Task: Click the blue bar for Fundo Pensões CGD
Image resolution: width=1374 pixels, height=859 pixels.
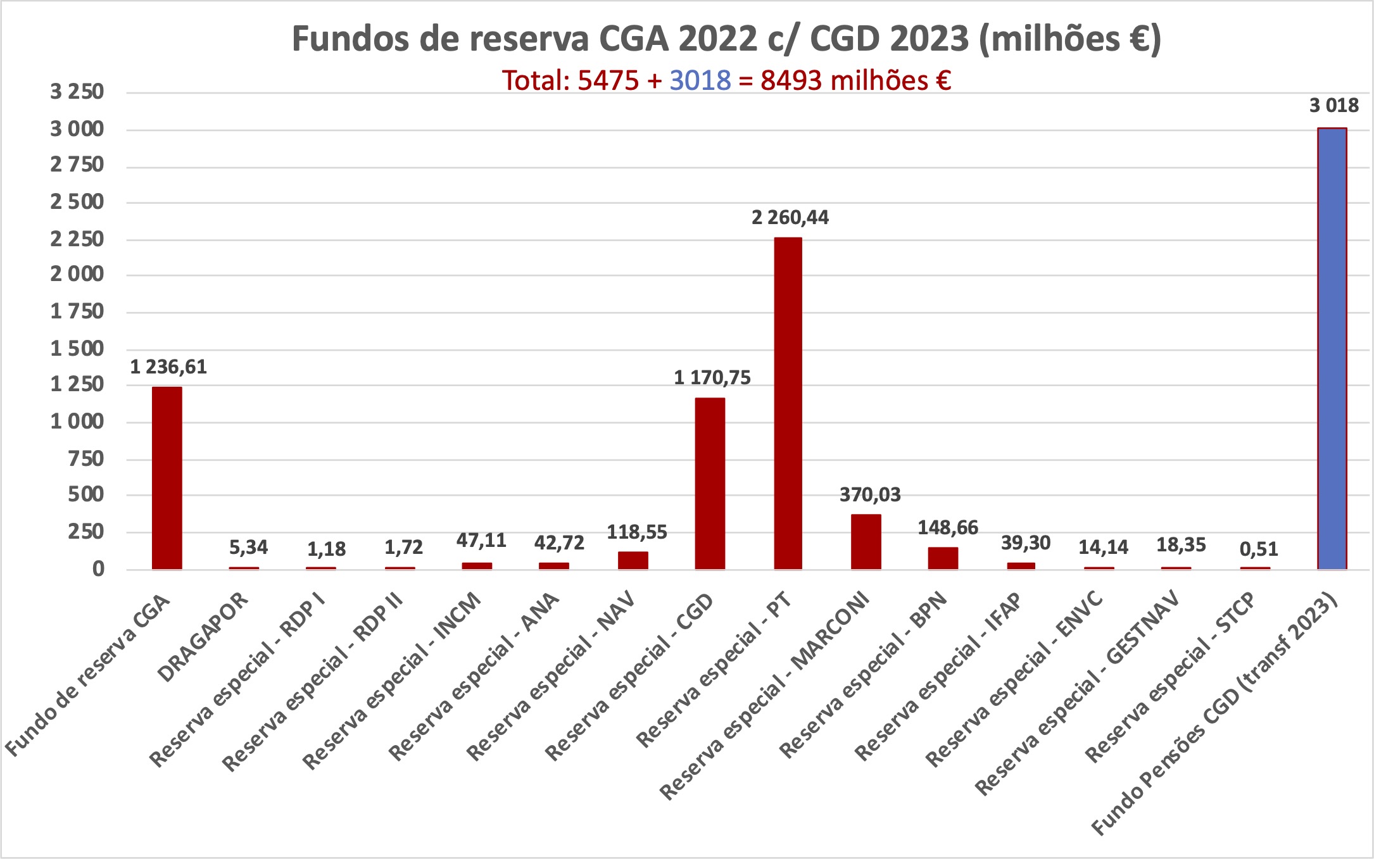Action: click(x=1332, y=348)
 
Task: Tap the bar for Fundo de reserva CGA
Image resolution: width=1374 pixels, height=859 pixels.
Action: click(x=167, y=478)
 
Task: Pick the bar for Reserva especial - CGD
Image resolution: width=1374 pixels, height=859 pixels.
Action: click(x=710, y=484)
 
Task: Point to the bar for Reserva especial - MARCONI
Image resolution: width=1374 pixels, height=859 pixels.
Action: click(x=866, y=542)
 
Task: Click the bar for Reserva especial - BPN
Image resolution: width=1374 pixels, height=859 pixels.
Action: click(x=943, y=558)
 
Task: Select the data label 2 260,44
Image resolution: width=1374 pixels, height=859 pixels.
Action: click(x=790, y=218)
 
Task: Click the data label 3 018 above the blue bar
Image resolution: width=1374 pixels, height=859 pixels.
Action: click(x=1333, y=106)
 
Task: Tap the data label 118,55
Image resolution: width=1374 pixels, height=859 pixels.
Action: click(x=636, y=532)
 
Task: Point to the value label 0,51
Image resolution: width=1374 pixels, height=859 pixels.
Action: click(x=1259, y=549)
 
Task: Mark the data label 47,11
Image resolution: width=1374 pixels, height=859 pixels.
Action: click(x=481, y=541)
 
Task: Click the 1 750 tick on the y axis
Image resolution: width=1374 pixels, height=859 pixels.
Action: click(x=77, y=311)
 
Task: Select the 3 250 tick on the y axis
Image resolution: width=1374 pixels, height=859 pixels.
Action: click(x=77, y=92)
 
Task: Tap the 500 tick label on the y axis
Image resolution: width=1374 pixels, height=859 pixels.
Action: click(x=85, y=494)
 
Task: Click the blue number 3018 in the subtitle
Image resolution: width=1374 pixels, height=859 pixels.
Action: click(x=700, y=81)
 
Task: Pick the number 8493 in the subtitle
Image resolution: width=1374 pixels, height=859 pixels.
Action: click(x=791, y=81)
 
